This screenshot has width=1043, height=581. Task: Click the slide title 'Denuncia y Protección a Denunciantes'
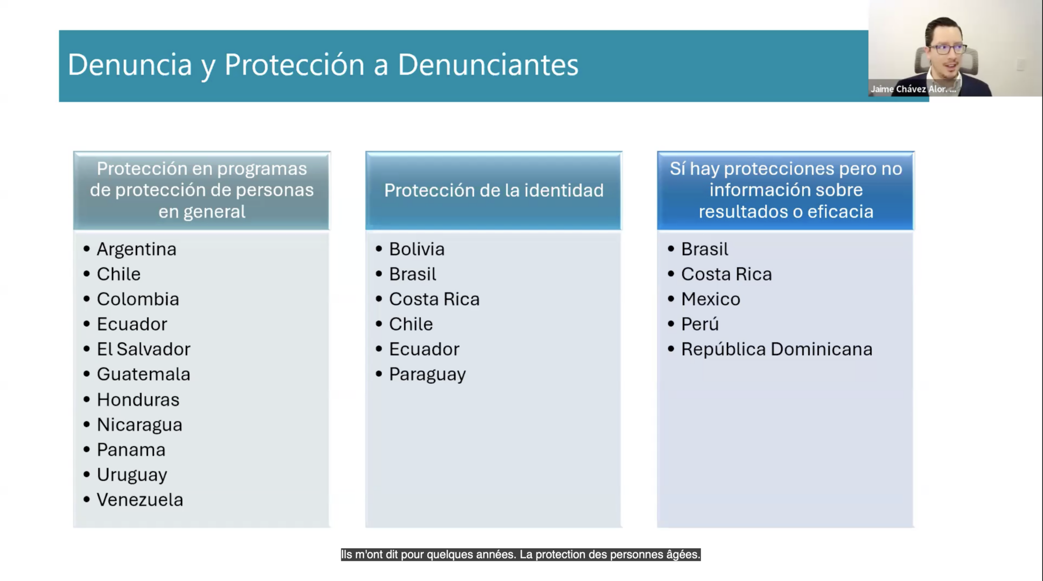pyautogui.click(x=323, y=65)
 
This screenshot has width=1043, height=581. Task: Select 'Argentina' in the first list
pyautogui.click(x=136, y=249)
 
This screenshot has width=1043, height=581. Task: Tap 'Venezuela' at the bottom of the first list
pyautogui.click(x=140, y=500)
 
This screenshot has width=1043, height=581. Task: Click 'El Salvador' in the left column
pyautogui.click(x=144, y=349)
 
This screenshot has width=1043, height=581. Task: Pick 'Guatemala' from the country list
pyautogui.click(x=144, y=375)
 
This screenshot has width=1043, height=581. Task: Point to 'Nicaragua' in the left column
pyautogui.click(x=140, y=425)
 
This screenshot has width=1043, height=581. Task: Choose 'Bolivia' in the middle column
pyautogui.click(x=417, y=249)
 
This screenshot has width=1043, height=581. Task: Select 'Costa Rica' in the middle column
pyautogui.click(x=434, y=299)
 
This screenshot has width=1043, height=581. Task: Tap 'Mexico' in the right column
pyautogui.click(x=711, y=299)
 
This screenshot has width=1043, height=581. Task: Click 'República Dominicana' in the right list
pyautogui.click(x=777, y=349)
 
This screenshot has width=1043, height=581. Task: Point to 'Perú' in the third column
pyautogui.click(x=700, y=324)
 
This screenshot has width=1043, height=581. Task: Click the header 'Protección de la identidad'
pyautogui.click(x=494, y=191)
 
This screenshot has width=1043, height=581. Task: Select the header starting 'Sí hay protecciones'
pyautogui.click(x=786, y=190)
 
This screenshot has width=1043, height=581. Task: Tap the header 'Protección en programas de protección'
pyautogui.click(x=202, y=190)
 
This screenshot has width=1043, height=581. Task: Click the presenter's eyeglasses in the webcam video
pyautogui.click(x=948, y=49)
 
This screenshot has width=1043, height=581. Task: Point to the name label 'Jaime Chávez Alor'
pyautogui.click(x=913, y=89)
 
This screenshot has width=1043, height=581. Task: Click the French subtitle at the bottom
pyautogui.click(x=521, y=554)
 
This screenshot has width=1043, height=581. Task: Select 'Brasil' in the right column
pyautogui.click(x=705, y=249)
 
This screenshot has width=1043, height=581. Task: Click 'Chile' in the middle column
pyautogui.click(x=411, y=324)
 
